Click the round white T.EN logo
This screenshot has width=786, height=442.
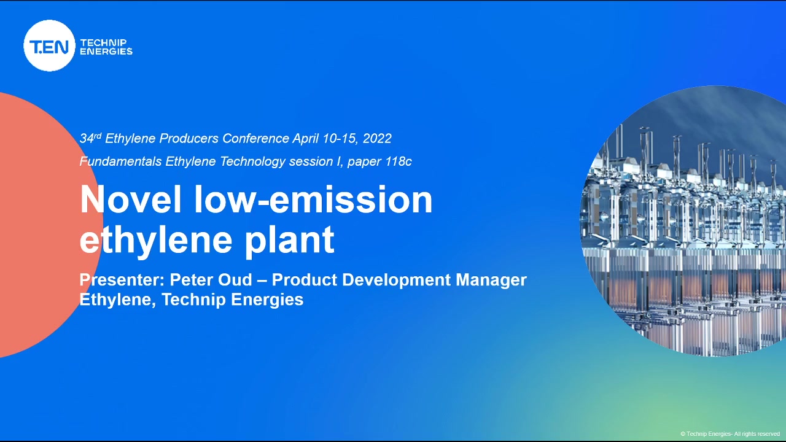(50, 45)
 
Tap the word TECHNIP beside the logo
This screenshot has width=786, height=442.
(104, 42)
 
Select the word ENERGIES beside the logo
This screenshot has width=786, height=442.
(106, 51)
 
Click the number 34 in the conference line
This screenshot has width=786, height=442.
(87, 139)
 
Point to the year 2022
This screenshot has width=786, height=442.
(377, 139)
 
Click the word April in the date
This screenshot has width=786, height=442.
(306, 139)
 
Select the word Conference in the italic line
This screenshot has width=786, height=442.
(255, 139)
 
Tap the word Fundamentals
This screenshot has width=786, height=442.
(120, 161)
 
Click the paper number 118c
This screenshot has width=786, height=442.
(399, 161)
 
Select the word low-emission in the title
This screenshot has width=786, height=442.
(313, 200)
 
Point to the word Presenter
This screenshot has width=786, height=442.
(122, 280)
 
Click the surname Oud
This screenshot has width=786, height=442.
(235, 280)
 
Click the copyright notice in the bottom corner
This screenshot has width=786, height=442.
(730, 434)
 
